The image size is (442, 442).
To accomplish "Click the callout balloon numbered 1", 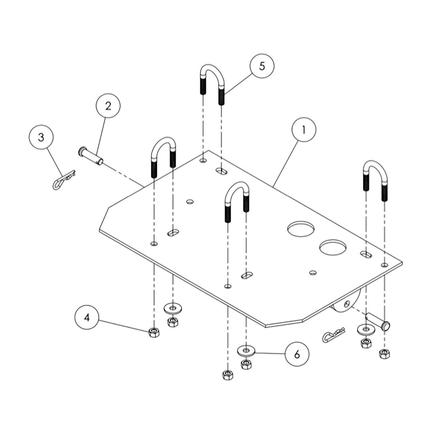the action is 304,130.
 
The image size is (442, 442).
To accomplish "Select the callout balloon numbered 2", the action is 108,106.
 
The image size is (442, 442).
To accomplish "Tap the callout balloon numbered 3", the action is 41,137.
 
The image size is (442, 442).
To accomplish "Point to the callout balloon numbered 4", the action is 87,317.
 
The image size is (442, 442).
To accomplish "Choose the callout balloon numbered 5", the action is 262,66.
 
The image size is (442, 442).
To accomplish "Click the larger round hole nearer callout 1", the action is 301,229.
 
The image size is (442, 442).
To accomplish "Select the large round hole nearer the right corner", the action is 333,247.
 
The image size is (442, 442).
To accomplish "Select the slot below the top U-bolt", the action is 222,171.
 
